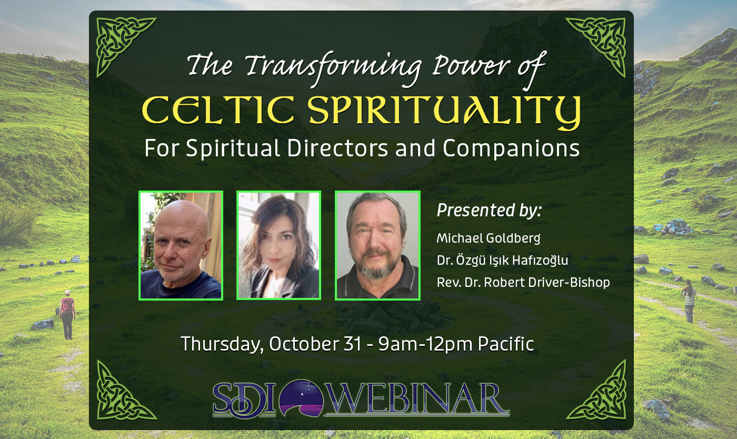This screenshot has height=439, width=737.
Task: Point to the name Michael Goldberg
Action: click(488, 238)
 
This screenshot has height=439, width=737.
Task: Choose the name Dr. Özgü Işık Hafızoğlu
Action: click(502, 260)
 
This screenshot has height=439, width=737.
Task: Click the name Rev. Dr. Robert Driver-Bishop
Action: click(523, 282)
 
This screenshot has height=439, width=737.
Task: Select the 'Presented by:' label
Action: click(489, 211)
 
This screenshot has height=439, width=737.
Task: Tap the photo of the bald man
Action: click(181, 245)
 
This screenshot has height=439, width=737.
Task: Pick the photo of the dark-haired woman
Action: click(278, 245)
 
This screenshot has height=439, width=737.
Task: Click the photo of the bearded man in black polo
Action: click(377, 245)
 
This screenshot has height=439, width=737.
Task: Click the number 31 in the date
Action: click(353, 344)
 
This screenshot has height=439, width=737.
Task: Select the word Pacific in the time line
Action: click(506, 344)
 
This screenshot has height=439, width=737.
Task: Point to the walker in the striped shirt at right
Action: click(689, 301)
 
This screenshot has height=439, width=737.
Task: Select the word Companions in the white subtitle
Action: click(511, 149)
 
